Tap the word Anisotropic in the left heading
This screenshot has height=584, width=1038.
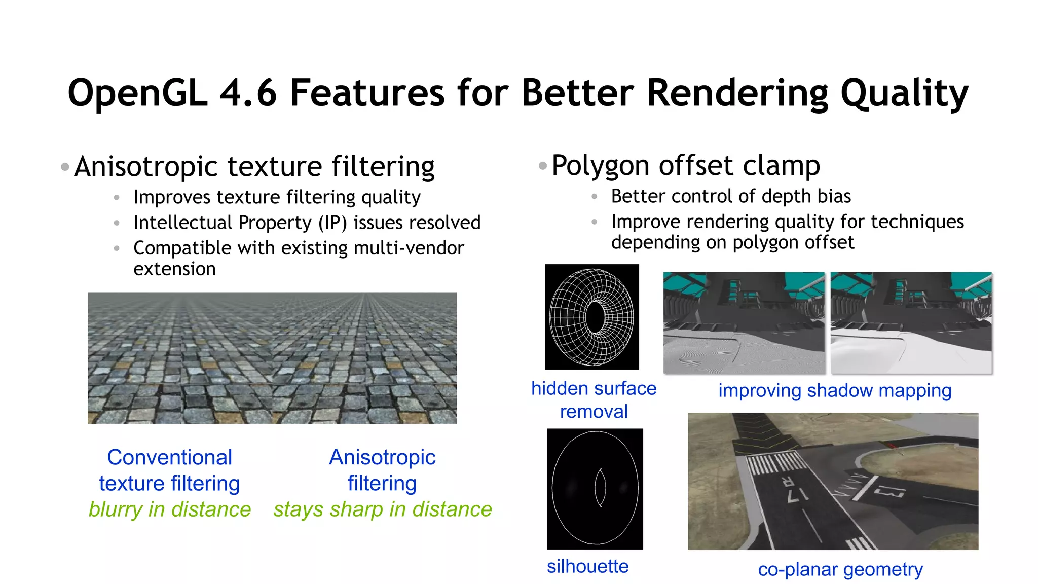[146, 166]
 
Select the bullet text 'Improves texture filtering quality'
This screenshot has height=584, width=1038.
[277, 197]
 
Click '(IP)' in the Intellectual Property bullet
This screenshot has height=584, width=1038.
[332, 223]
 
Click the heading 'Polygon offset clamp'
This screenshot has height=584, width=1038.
[685, 165]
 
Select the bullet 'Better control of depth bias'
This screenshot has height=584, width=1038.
[730, 196]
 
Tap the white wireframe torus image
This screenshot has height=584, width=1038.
[591, 317]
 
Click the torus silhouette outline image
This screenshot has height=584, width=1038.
[595, 489]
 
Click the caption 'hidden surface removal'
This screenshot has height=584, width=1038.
[594, 399]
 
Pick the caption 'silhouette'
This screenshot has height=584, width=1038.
[587, 566]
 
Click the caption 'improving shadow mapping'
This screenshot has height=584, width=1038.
[835, 390]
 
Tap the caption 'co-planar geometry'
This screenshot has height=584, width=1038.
[840, 569]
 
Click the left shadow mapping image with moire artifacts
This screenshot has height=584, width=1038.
[744, 323]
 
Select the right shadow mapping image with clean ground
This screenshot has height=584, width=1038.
[911, 323]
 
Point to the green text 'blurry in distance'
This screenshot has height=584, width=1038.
[169, 509]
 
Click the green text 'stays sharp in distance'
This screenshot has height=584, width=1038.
[382, 509]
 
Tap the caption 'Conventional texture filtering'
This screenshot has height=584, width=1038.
[169, 470]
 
